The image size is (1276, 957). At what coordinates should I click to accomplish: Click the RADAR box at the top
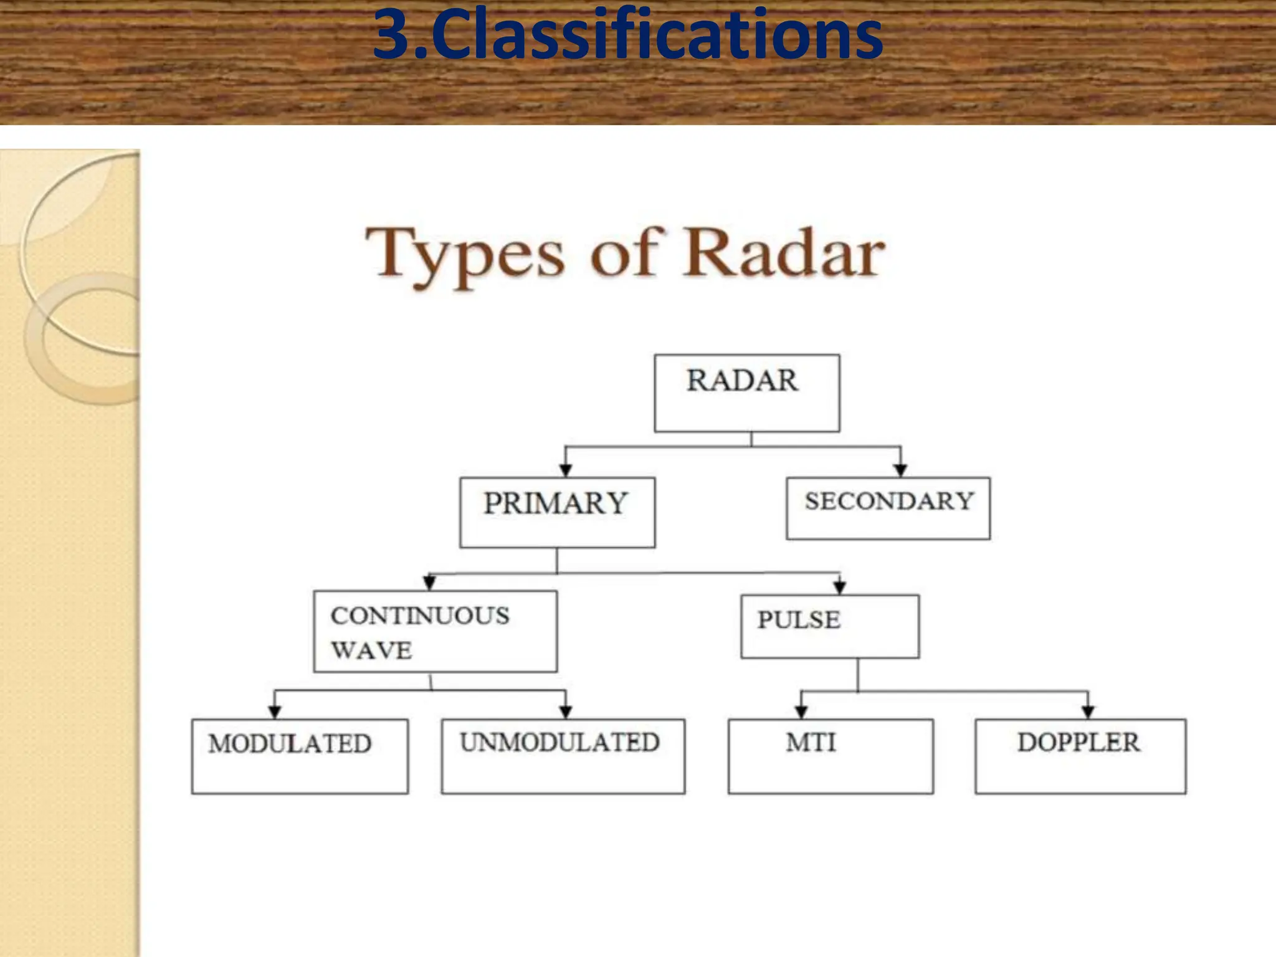(746, 393)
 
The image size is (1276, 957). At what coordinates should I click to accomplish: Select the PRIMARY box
(557, 512)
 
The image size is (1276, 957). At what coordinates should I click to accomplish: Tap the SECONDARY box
(888, 508)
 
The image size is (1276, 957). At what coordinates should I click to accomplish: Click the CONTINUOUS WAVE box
(435, 631)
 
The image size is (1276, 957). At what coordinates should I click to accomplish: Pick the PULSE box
(829, 626)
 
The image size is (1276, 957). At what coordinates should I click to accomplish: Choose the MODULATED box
(300, 756)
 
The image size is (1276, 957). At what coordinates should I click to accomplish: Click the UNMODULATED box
(563, 756)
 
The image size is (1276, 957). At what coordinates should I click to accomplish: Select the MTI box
(830, 756)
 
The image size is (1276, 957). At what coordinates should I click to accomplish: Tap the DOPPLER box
(1080, 756)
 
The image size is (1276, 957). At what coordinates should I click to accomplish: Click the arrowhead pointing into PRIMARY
(566, 470)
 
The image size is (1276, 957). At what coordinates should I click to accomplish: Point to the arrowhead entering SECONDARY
(900, 470)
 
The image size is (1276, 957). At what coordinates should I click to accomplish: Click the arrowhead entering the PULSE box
(840, 588)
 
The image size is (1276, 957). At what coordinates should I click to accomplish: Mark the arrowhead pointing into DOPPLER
(1088, 712)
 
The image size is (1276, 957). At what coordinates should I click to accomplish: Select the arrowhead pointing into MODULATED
(275, 712)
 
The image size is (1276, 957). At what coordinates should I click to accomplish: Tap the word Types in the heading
(465, 255)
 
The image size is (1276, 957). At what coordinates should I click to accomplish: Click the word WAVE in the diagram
(371, 650)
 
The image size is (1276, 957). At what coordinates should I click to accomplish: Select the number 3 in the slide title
(393, 36)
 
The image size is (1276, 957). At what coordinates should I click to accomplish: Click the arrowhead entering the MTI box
(801, 712)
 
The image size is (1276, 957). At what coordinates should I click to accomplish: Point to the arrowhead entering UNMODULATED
(566, 712)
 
